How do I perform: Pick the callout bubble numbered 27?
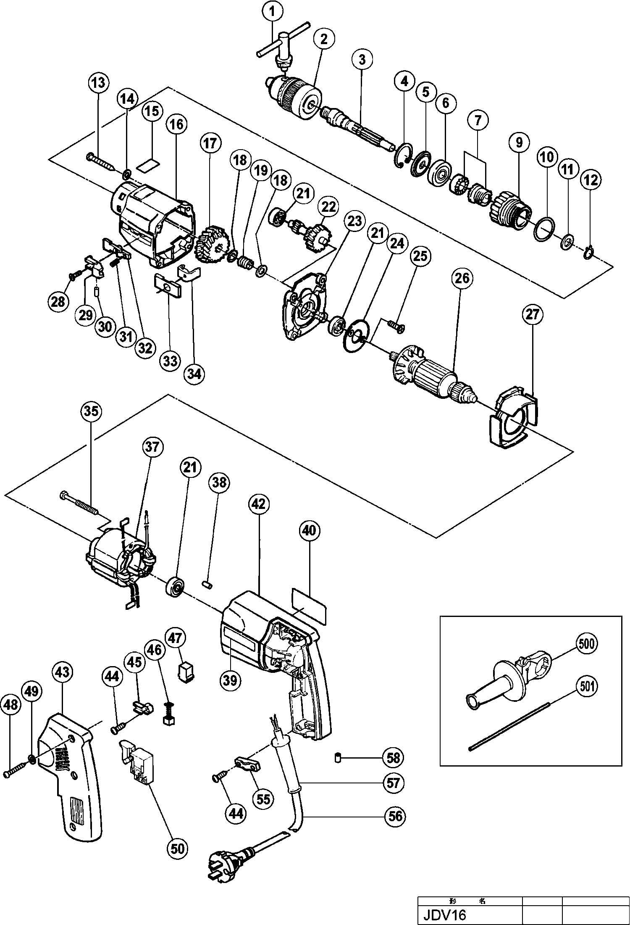532,315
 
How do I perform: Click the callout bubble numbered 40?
310,531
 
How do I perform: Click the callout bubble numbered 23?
354,221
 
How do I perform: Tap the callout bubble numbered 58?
394,757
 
